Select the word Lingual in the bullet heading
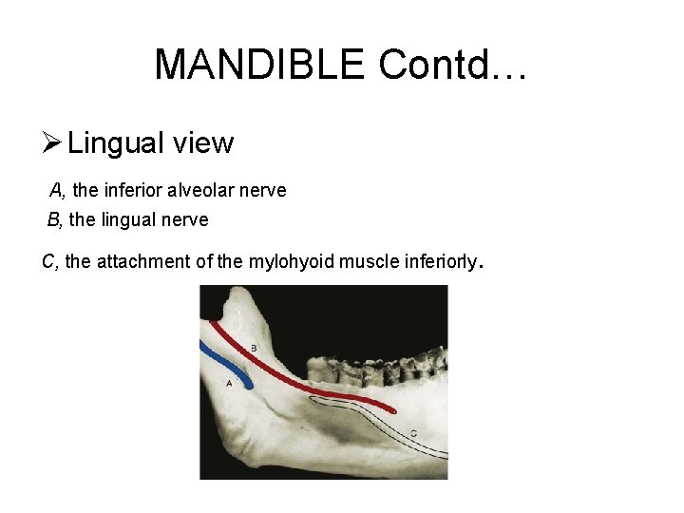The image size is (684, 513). [x=116, y=144]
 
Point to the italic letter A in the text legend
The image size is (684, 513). [x=56, y=190]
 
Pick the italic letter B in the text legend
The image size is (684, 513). [x=54, y=220]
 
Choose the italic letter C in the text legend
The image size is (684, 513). [x=48, y=261]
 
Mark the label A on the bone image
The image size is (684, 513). [x=229, y=383]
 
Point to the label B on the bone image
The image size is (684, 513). [x=253, y=347]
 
